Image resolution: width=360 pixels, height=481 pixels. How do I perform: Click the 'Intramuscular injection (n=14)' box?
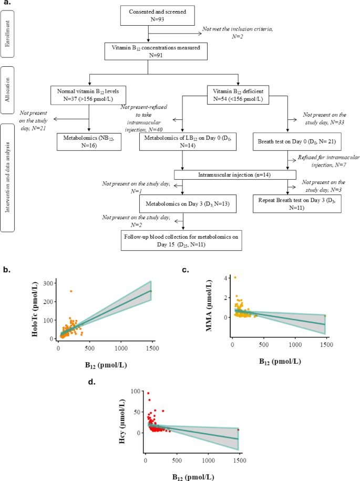235,175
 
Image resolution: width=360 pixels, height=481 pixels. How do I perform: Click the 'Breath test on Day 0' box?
287,141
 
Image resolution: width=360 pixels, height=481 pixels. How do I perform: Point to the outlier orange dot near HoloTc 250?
71,291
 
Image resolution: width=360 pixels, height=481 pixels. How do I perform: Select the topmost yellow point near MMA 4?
235,278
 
